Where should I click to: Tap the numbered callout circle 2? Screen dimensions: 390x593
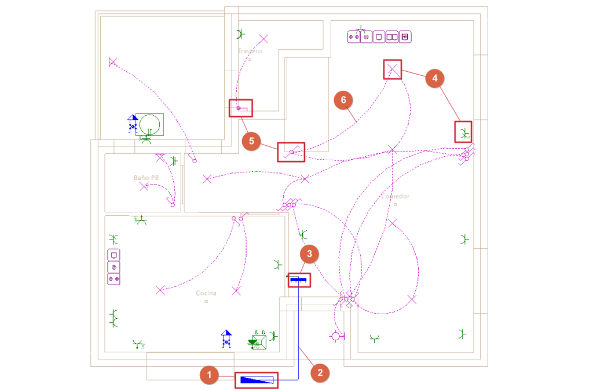tap(319, 373)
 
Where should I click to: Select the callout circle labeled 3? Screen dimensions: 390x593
tap(310, 254)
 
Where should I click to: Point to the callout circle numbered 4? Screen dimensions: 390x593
tap(435, 78)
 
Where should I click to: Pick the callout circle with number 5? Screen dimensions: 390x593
tap(252, 141)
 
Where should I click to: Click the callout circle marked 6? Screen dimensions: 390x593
tap(343, 101)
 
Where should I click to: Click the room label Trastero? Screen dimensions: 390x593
tap(250, 51)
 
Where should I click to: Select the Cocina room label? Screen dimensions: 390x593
tap(206, 294)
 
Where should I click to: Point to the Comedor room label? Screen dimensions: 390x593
tap(395, 197)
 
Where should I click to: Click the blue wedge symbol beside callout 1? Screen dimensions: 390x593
tap(257, 380)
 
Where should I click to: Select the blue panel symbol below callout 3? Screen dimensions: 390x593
tap(299, 281)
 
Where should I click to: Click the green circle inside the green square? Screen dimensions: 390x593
tap(150, 124)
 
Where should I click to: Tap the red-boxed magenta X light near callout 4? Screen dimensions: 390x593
tap(393, 70)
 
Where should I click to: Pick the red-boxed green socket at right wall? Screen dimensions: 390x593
tap(463, 133)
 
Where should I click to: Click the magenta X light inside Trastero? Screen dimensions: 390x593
tap(263, 39)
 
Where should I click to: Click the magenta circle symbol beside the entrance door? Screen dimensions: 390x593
tap(336, 336)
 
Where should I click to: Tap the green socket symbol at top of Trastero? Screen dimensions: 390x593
tap(241, 34)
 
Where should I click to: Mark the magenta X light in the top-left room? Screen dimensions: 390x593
tap(113, 61)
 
